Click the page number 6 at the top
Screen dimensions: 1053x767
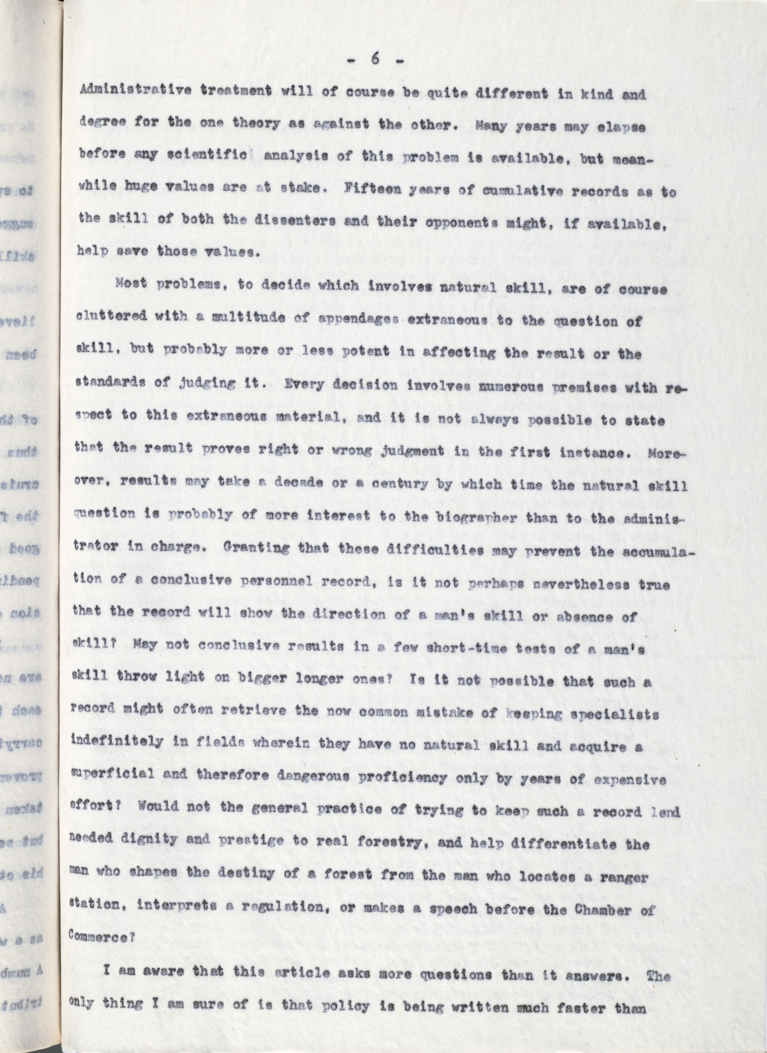coord(375,60)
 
